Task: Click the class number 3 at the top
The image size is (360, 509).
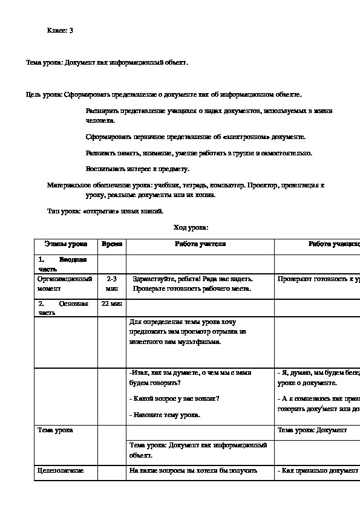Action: point(71,30)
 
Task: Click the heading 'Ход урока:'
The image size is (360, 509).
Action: point(191,227)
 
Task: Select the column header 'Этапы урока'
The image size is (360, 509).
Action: point(65,244)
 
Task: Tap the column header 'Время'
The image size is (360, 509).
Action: point(112,244)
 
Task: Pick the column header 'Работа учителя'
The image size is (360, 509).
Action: point(200,244)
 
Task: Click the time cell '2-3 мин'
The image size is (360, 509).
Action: point(112,284)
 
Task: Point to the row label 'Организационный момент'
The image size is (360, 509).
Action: point(64,284)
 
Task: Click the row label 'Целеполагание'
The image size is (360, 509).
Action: point(61,470)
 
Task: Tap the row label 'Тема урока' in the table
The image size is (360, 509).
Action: point(56,430)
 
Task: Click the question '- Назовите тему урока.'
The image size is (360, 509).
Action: point(165,415)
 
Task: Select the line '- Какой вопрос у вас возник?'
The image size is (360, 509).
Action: point(174,398)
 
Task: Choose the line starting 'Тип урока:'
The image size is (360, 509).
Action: point(105,211)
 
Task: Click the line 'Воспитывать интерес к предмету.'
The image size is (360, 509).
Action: point(138,169)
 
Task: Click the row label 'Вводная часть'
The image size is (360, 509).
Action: point(62,264)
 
